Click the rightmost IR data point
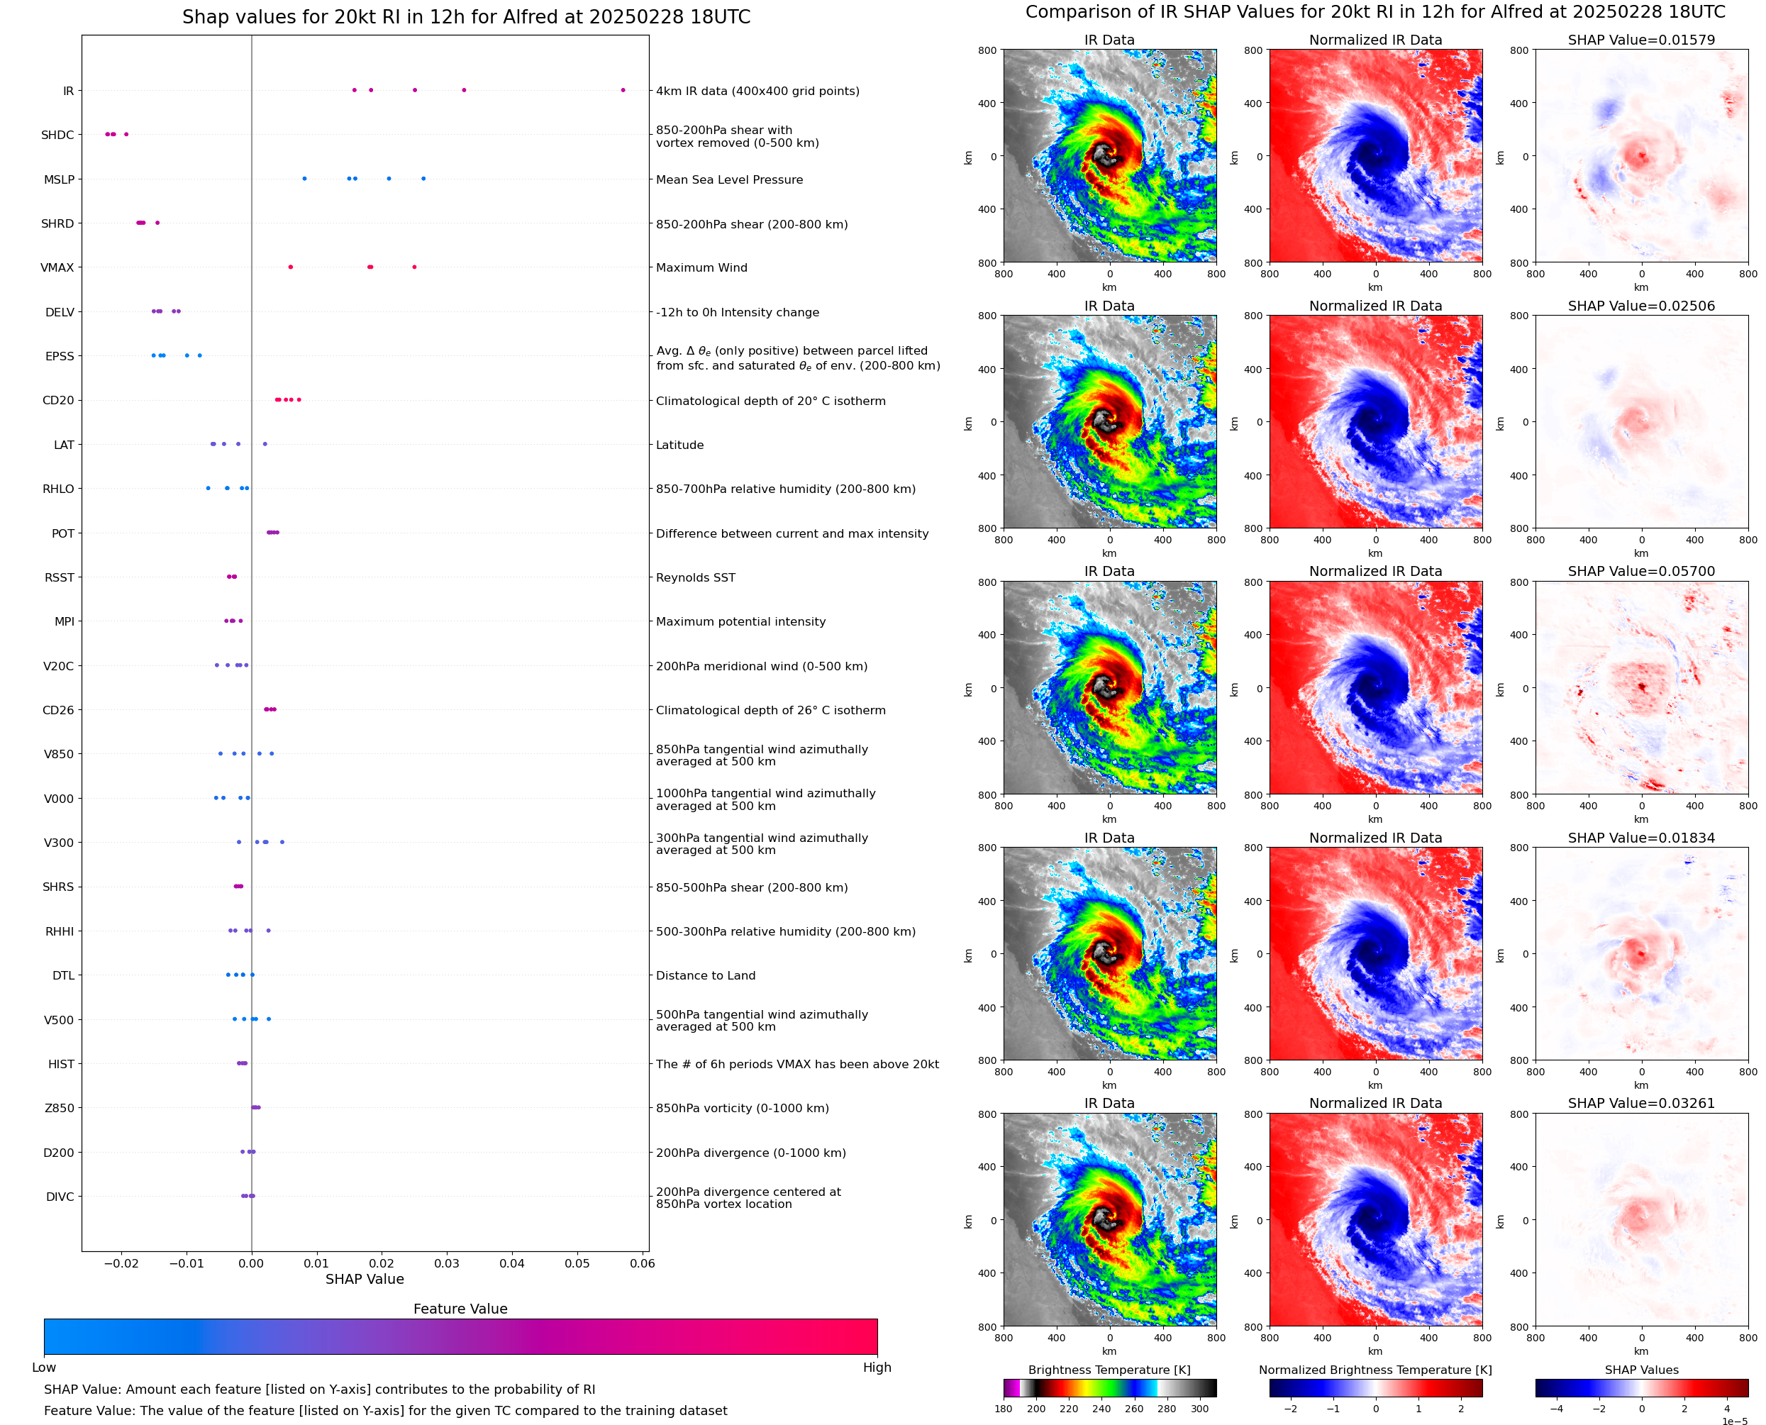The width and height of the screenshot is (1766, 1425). point(623,90)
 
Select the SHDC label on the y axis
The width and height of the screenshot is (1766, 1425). point(57,135)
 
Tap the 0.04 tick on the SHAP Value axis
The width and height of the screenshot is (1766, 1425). point(512,1263)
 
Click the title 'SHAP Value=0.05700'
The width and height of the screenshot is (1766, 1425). point(1641,571)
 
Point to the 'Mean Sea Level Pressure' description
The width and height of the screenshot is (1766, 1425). point(728,179)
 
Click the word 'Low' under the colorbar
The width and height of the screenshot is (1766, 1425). point(43,1368)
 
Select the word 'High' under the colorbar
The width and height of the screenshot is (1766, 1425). point(877,1368)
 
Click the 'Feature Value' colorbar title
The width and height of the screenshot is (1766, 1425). point(460,1309)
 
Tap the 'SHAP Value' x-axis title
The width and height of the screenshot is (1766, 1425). point(365,1279)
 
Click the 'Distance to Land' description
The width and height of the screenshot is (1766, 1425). point(705,975)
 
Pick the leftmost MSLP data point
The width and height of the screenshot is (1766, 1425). point(304,179)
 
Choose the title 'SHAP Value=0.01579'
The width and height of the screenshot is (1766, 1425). point(1641,40)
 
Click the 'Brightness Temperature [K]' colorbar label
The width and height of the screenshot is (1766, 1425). point(1109,1370)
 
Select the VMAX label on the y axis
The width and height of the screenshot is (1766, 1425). point(57,267)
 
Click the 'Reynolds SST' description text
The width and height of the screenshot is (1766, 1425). point(695,577)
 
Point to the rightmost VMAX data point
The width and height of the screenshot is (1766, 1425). point(413,267)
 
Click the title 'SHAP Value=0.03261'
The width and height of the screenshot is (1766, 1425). point(1641,1103)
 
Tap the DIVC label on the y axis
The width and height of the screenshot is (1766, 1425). point(60,1197)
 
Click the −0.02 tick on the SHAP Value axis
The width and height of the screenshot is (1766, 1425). point(121,1263)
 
